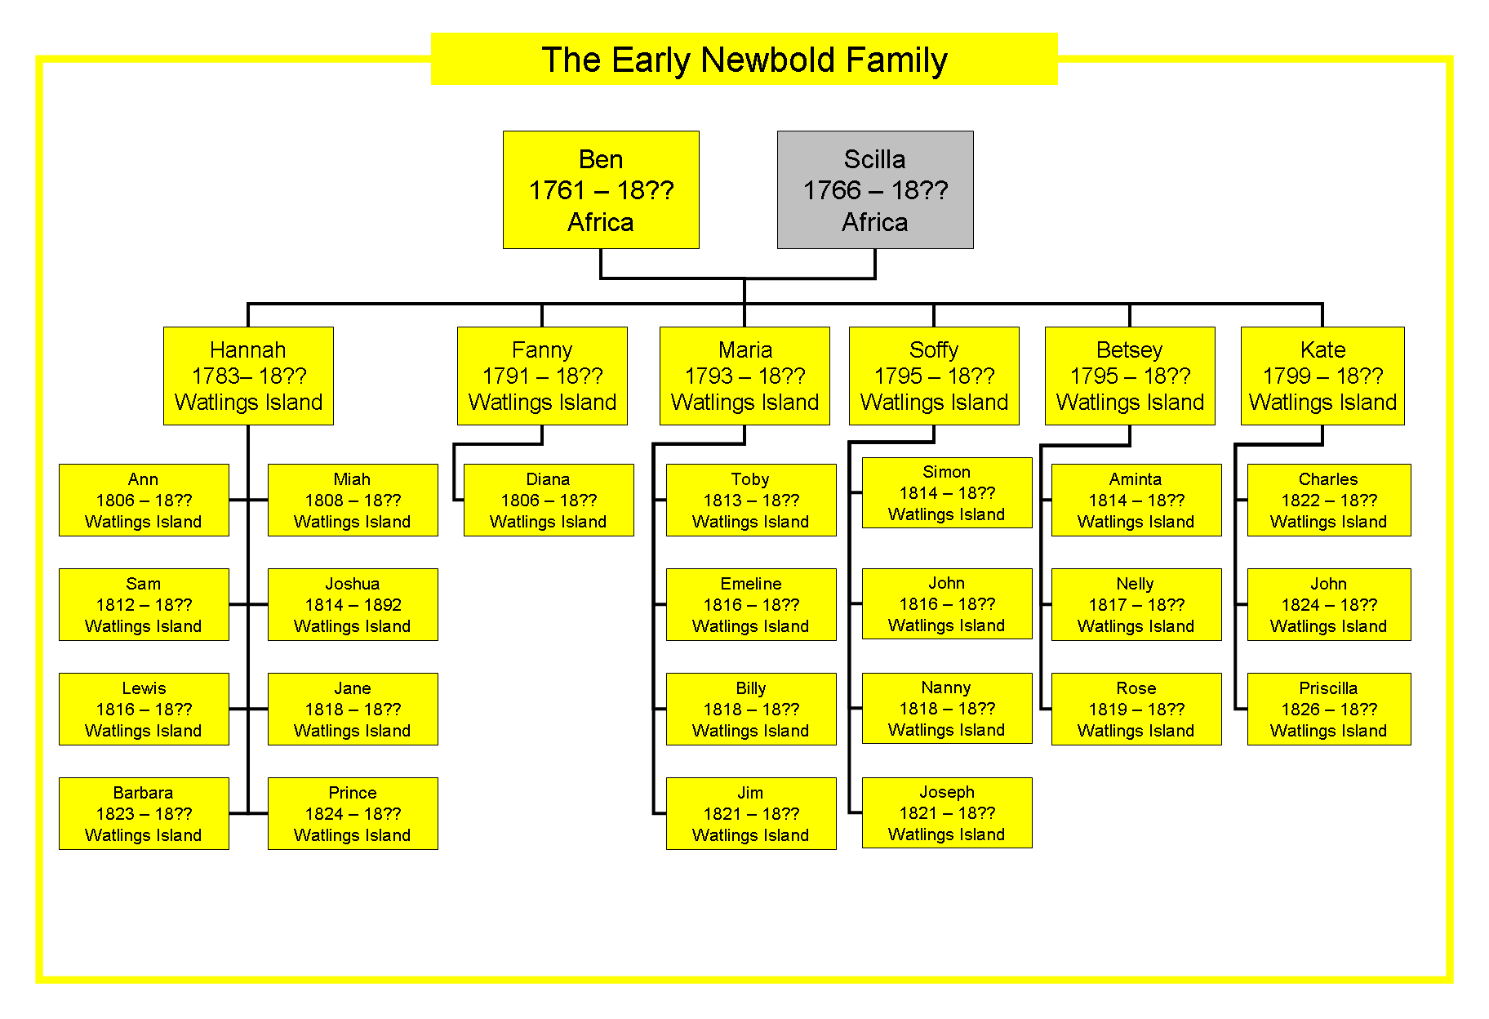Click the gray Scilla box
coord(875,189)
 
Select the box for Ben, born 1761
coord(601,189)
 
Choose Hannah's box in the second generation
coord(248,376)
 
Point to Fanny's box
coord(542,376)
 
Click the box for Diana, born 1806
coord(549,500)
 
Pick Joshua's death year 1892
coord(383,605)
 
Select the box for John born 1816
coord(947,603)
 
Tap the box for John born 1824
coord(1329,604)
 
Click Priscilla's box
coord(1329,709)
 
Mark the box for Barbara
coord(144,813)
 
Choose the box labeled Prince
coord(353,813)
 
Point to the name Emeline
coord(751,584)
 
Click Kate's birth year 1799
coord(1287,376)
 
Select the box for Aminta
coord(1136,500)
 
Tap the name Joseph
coord(947,792)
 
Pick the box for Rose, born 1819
coord(1136,709)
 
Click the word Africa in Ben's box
coord(601,222)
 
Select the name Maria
coord(745,349)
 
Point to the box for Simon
coord(947,492)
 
